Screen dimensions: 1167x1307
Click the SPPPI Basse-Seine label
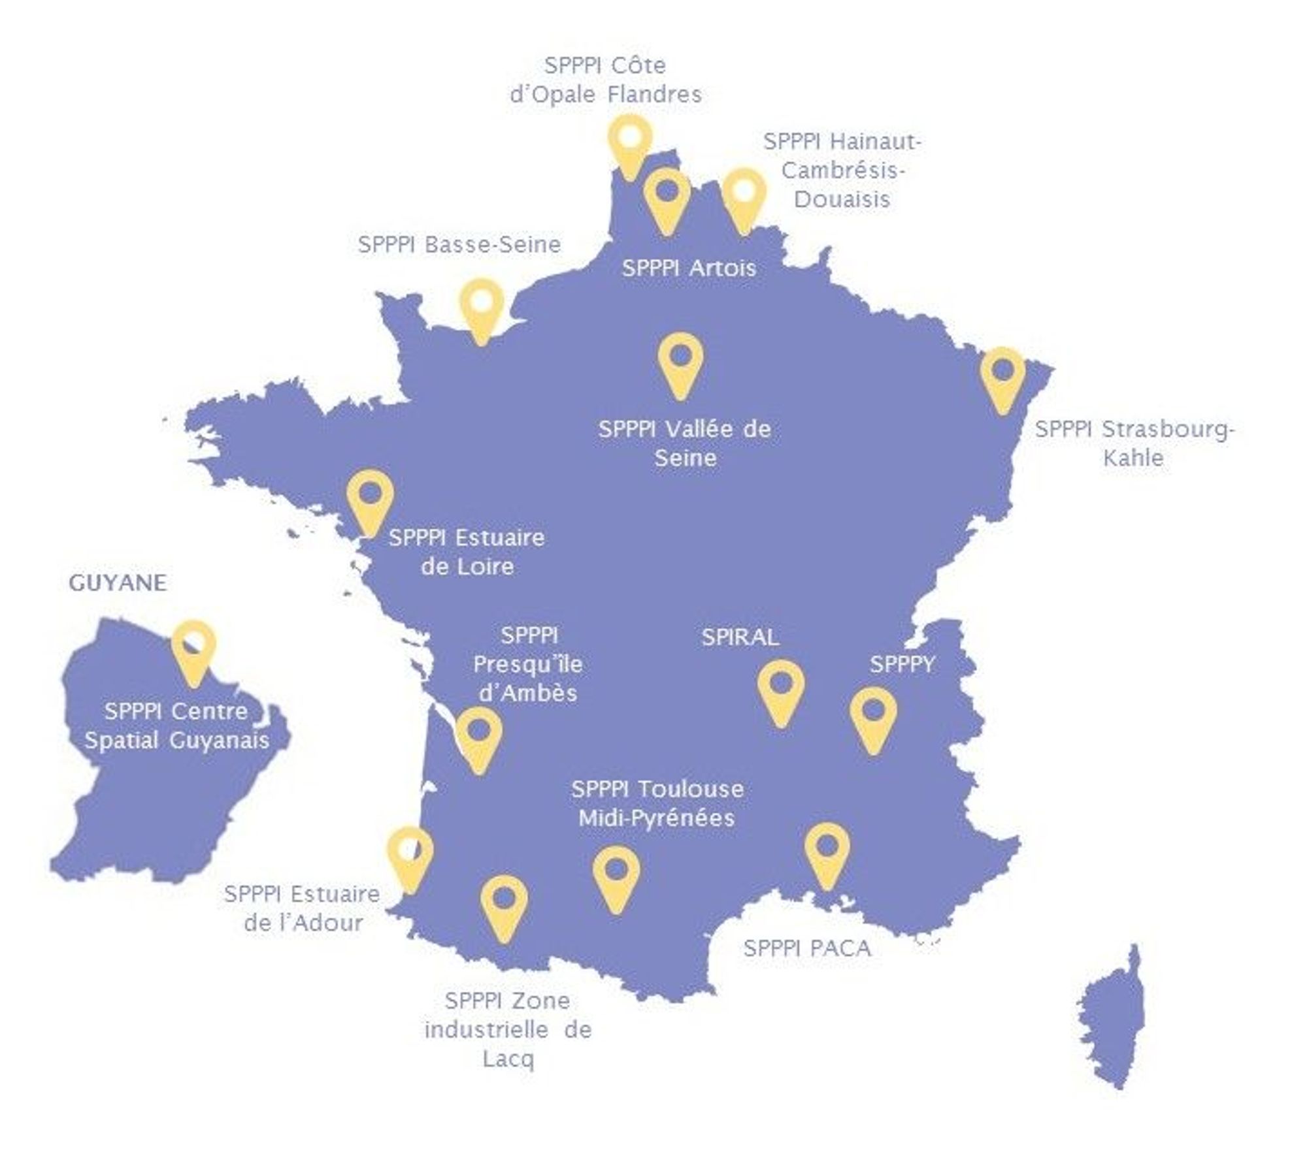459,245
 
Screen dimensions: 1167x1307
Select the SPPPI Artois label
689,268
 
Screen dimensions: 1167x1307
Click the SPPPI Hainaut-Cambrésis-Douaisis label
842,170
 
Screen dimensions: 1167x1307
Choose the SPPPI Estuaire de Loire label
467,552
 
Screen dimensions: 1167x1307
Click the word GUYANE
118,583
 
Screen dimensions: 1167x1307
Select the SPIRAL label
740,637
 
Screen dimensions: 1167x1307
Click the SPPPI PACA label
807,948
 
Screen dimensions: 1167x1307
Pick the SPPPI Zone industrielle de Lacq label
508,1030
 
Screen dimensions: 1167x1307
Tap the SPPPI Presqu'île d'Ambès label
528,664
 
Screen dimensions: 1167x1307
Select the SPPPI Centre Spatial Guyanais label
176,726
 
